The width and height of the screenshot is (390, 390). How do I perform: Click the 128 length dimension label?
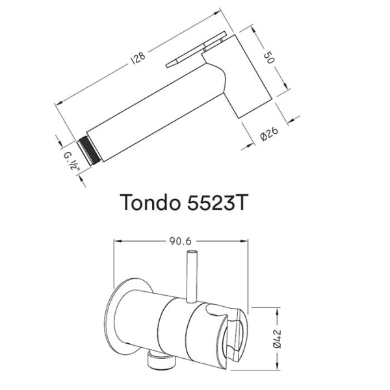tap(138, 58)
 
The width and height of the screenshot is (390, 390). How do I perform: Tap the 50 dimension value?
tap(269, 57)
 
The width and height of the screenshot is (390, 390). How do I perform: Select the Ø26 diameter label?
tap(269, 134)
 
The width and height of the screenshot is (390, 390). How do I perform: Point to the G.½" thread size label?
tap(72, 161)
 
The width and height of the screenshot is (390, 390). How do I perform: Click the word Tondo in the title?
tap(150, 202)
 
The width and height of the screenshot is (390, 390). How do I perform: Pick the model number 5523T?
tap(216, 202)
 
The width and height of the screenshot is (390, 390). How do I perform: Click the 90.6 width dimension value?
tap(180, 241)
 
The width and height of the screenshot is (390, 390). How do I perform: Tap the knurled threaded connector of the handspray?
tap(89, 151)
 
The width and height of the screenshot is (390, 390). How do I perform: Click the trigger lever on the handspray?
tap(196, 49)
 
